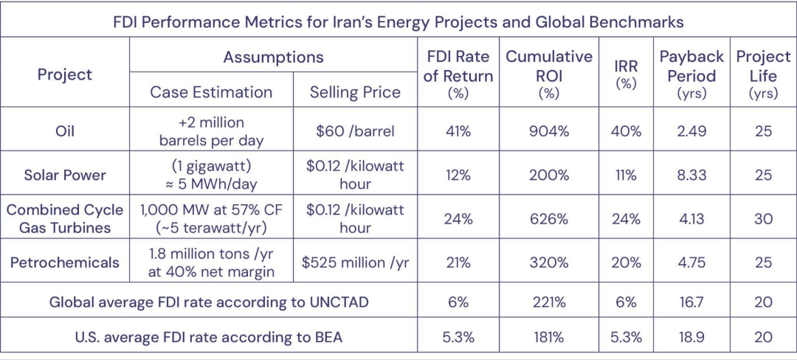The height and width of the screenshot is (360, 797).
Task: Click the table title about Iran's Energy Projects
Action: (398, 20)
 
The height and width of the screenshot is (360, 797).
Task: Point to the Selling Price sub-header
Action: (355, 92)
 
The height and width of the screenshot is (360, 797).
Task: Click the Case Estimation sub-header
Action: (211, 92)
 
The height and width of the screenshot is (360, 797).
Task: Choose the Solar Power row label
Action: (64, 175)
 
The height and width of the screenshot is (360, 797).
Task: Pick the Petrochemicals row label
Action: (64, 262)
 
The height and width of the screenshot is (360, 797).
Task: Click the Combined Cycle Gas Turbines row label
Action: (64, 219)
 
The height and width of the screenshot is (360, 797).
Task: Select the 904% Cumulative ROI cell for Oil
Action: (548, 131)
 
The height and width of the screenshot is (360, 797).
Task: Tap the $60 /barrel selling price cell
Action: (355, 131)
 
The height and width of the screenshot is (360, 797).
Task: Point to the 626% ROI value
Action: (548, 219)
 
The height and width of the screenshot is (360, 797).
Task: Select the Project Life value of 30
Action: (763, 219)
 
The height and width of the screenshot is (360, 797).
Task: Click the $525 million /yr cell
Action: (355, 262)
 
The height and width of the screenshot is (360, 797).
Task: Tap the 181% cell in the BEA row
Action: (548, 338)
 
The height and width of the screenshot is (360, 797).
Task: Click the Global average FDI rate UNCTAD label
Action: (208, 302)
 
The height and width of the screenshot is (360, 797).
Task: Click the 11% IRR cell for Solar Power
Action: (626, 175)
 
